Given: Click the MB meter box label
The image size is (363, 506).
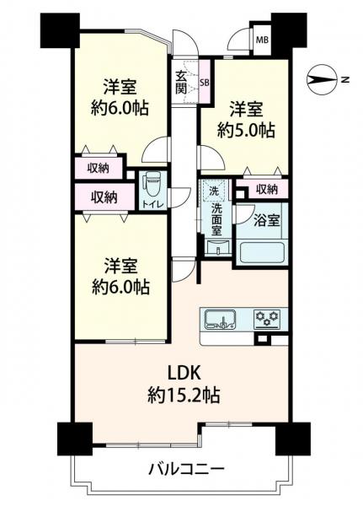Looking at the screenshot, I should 262,40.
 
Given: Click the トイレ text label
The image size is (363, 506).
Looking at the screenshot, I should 152,203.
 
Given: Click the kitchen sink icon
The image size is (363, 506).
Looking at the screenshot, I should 223,320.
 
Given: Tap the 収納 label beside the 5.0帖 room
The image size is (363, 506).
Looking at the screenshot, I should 266,189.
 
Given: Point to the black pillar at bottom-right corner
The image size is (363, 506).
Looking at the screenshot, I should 294,437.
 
